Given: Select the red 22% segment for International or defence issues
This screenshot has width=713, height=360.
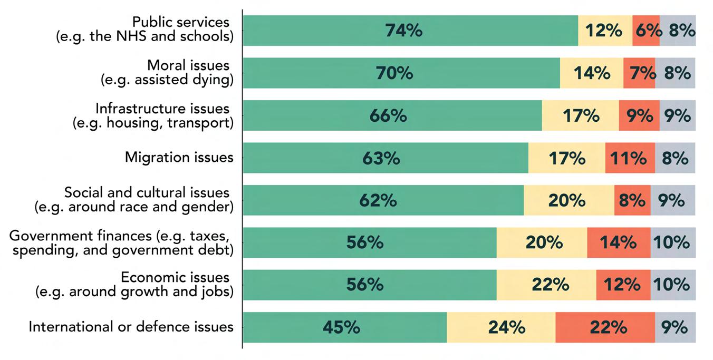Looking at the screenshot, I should [605, 327].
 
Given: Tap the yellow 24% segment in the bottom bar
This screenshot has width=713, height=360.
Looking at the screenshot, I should [501, 327].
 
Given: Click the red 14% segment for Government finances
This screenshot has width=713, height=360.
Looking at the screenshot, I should [619, 242].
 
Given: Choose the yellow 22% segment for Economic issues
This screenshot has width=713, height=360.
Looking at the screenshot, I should [546, 285].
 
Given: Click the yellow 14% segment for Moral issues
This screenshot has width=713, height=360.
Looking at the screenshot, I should [592, 73].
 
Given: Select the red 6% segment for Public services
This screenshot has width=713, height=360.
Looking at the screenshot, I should [646, 31].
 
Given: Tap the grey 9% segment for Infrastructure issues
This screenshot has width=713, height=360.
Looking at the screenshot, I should [678, 115].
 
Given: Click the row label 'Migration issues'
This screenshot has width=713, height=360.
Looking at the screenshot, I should [179, 158].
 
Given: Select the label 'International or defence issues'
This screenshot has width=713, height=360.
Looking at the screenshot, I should [131, 327].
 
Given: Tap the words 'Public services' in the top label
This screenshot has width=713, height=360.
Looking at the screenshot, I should [181, 23].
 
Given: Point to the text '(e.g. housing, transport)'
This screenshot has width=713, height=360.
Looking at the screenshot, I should [152, 123].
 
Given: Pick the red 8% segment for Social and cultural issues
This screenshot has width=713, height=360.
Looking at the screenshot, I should [632, 200].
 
